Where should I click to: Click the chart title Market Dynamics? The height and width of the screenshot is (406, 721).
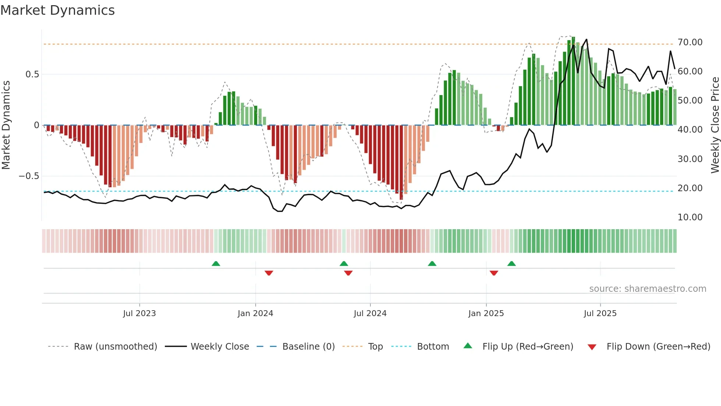(58, 10)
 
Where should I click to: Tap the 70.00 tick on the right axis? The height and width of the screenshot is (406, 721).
(690, 42)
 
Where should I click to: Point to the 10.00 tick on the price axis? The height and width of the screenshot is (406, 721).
(690, 217)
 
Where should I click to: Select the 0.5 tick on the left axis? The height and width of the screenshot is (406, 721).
(32, 74)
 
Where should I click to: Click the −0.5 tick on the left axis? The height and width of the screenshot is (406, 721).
(29, 176)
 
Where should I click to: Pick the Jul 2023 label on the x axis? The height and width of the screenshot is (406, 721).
(139, 314)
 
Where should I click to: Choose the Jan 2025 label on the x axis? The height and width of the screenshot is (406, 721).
(486, 314)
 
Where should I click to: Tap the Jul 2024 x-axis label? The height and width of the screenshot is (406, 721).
(370, 314)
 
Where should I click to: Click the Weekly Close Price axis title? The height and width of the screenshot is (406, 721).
(715, 125)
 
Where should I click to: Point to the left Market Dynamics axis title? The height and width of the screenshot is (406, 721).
(6, 125)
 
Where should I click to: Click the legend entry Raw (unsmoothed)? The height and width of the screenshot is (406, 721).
(115, 347)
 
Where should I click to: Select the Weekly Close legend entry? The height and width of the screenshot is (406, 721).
(220, 347)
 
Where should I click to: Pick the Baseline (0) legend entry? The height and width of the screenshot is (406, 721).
(308, 347)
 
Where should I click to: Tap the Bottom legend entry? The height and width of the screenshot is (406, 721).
(433, 347)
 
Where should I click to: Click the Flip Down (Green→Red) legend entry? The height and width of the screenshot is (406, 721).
(658, 347)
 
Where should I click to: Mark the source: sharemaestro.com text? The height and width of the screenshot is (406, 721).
(647, 289)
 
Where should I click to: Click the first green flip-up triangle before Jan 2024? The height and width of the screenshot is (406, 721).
(216, 263)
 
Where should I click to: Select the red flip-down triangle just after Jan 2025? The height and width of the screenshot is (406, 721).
(494, 273)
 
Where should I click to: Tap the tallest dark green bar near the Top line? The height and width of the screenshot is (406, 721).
(573, 81)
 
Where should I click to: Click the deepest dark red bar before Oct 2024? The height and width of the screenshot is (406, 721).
(401, 162)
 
